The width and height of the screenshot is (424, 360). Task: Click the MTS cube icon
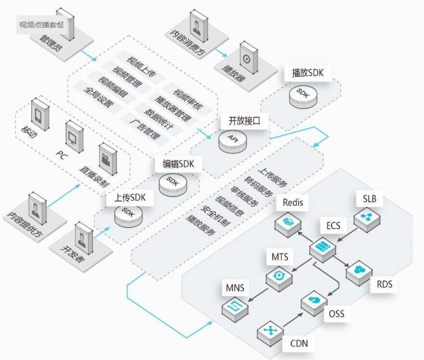click(x=279, y=277)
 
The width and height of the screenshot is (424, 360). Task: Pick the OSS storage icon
click(x=314, y=301)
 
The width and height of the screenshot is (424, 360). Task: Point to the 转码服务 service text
click(x=258, y=186)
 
